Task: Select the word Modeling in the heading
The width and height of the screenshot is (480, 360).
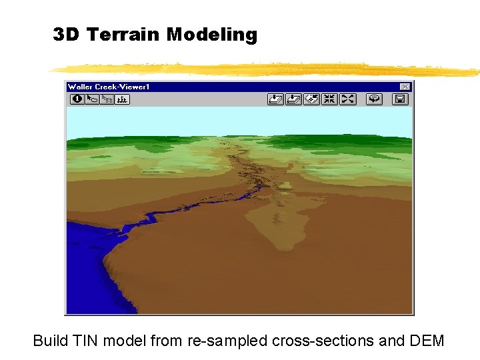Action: click(211, 35)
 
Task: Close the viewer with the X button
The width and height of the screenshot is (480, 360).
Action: click(405, 87)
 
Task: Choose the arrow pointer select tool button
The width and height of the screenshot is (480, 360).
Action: click(92, 99)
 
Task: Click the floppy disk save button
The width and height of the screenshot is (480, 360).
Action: click(399, 99)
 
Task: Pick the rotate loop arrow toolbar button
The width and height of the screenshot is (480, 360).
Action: click(375, 99)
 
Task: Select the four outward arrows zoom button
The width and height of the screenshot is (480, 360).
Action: click(347, 99)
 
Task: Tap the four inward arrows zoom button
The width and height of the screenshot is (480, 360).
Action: click(329, 99)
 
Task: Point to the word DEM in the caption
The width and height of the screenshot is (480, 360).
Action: click(425, 341)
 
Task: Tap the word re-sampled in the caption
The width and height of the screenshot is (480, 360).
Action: click(228, 341)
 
